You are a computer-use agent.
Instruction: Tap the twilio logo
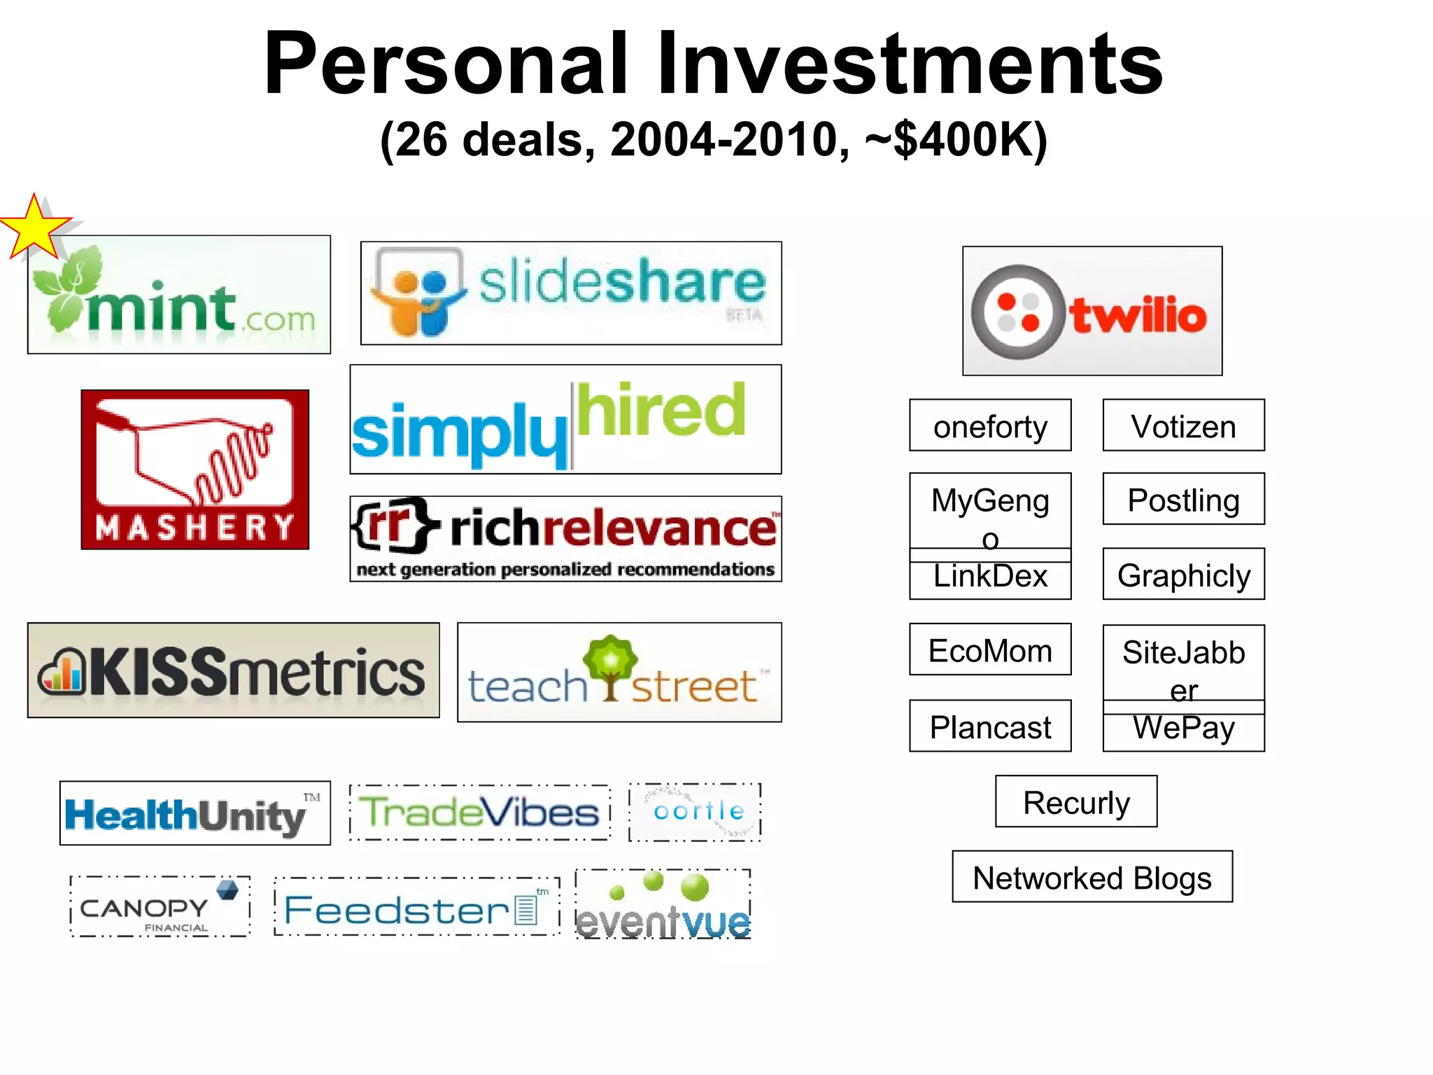click(x=1092, y=311)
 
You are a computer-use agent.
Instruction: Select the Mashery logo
click(x=195, y=469)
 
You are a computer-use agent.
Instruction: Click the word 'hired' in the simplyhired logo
click(x=661, y=411)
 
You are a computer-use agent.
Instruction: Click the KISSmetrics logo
click(x=233, y=670)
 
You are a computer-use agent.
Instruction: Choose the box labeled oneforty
click(x=989, y=426)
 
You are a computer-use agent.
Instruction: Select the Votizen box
click(x=1183, y=426)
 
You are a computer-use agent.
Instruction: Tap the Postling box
click(x=1183, y=499)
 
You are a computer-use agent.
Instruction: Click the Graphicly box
click(x=1183, y=575)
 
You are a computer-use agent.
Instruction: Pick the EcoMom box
click(x=989, y=649)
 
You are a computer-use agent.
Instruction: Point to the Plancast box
click(x=989, y=726)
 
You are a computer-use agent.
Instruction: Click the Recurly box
click(x=1075, y=801)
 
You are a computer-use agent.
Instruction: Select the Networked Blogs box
click(x=1092, y=877)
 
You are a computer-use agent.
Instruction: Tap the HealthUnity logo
click(x=195, y=813)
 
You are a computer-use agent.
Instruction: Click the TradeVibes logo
click(x=479, y=813)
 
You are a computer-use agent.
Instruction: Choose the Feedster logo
click(x=416, y=908)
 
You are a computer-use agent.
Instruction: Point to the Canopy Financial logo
click(x=160, y=907)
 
